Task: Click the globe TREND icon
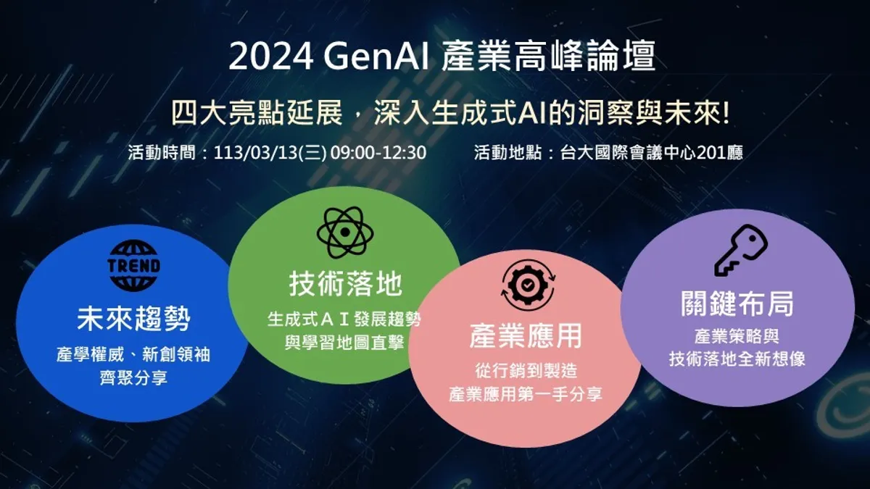134,265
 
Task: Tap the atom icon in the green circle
345,233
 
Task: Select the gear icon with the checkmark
528,285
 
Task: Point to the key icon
741,251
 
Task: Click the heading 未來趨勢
134,319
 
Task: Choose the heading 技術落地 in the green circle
345,284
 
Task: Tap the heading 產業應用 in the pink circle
526,336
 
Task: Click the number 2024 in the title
271,57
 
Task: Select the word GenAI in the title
377,57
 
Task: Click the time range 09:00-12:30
378,153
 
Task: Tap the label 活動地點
507,153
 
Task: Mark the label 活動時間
162,153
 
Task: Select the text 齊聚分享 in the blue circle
133,378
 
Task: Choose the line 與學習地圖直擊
345,343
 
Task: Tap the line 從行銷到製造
526,371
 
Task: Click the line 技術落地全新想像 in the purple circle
737,359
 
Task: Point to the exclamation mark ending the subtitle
726,113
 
